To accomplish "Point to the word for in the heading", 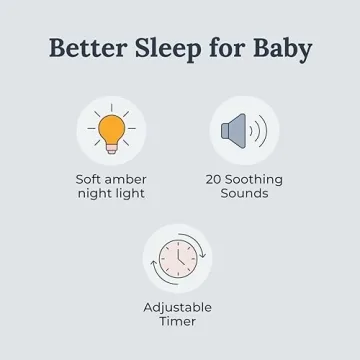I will click(221, 48).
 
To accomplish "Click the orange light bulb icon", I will click(111, 130).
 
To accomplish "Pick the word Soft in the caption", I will click(90, 180).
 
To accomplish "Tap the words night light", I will click(111, 194).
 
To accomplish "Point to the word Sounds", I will click(244, 194).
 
